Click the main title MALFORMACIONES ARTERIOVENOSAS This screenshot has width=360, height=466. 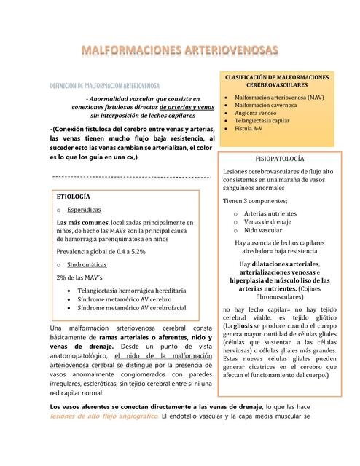[x=179, y=50]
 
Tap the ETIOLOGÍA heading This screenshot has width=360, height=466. [x=73, y=197]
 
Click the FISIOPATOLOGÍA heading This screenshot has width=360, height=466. [x=280, y=158]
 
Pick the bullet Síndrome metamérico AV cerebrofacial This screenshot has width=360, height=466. [x=136, y=308]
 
